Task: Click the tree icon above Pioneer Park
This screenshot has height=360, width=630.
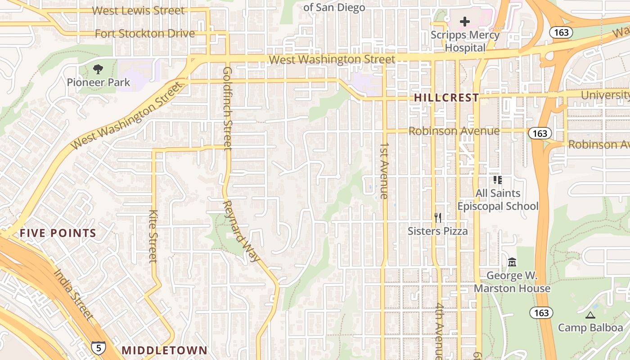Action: [x=98, y=69]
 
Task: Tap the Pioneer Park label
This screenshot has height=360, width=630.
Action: [x=98, y=82]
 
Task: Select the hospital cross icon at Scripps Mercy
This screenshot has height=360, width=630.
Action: [x=465, y=21]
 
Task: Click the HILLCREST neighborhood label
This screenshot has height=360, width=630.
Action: [x=446, y=98]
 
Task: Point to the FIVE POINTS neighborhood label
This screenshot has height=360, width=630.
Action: [x=58, y=233]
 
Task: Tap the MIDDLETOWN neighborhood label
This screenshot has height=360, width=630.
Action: [x=165, y=350]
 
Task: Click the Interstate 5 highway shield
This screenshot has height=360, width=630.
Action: [x=99, y=347]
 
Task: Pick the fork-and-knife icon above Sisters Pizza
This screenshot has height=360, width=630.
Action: [x=438, y=218]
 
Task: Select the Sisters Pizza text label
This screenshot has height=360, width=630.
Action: [x=437, y=231]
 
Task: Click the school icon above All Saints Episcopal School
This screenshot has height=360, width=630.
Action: [x=497, y=180]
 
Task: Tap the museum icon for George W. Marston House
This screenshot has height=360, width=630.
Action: [x=512, y=262]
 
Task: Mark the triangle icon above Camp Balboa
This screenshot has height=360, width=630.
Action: [x=590, y=315]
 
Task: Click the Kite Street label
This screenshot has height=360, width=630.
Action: [x=153, y=236]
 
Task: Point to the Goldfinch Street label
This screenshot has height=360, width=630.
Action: [x=227, y=108]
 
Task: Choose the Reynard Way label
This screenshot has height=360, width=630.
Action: [x=241, y=230]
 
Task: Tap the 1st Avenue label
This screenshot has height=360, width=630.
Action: [x=384, y=171]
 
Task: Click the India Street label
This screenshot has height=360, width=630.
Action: [x=74, y=294]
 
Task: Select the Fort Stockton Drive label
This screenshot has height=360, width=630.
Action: [x=145, y=33]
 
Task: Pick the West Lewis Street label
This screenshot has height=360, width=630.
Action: [x=138, y=10]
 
